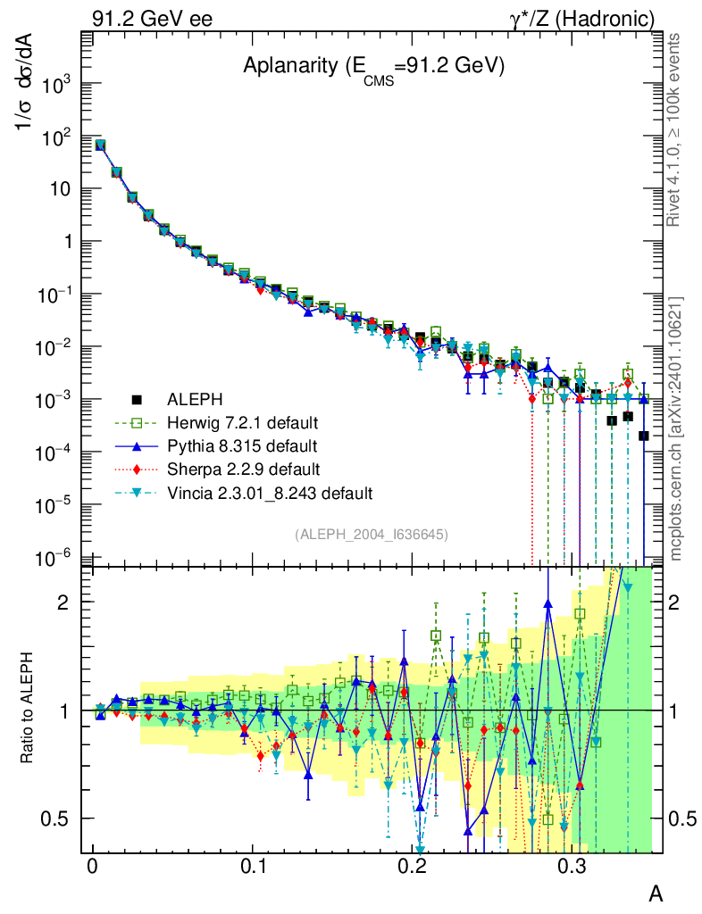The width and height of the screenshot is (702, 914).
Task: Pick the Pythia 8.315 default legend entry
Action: pos(241,445)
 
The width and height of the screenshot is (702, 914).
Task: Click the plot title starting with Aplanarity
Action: pos(374,68)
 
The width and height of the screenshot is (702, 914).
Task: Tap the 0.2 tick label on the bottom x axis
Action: pos(414,868)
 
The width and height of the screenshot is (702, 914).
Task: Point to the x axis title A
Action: pos(655,893)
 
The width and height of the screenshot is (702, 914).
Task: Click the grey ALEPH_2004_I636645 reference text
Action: pos(371,534)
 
